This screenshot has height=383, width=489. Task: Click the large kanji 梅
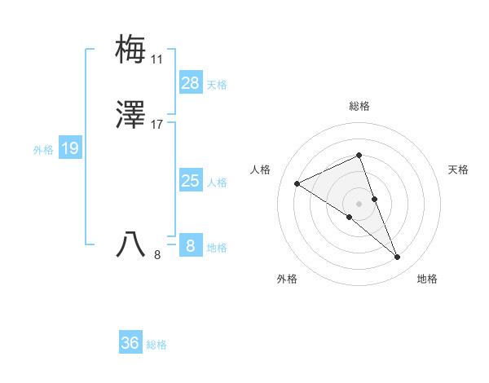[x=131, y=50]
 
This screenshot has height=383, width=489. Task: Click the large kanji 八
[x=131, y=244]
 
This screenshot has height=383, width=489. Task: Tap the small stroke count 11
[x=157, y=59]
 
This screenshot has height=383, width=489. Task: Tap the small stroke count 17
[x=157, y=125]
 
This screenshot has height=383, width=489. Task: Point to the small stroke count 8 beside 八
[x=157, y=255]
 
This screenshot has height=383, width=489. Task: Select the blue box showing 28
[x=191, y=83]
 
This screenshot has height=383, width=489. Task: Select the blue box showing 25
[x=191, y=181]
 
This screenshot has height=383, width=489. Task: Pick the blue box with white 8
[x=191, y=245]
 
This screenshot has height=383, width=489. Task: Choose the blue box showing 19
[x=69, y=148]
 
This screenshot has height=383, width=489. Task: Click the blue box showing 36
[x=130, y=343]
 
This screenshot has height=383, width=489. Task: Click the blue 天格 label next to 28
[x=217, y=84]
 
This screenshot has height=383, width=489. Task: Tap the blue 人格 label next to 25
[x=217, y=182]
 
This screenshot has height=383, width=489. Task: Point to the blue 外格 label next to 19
[x=43, y=149]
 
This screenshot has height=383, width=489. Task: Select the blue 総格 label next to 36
[x=156, y=345]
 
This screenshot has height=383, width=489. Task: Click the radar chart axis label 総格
[x=359, y=106]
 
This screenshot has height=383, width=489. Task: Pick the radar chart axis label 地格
[x=427, y=279]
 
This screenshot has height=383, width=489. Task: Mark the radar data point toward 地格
[x=397, y=258]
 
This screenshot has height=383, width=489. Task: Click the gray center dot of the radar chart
[x=359, y=203]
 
